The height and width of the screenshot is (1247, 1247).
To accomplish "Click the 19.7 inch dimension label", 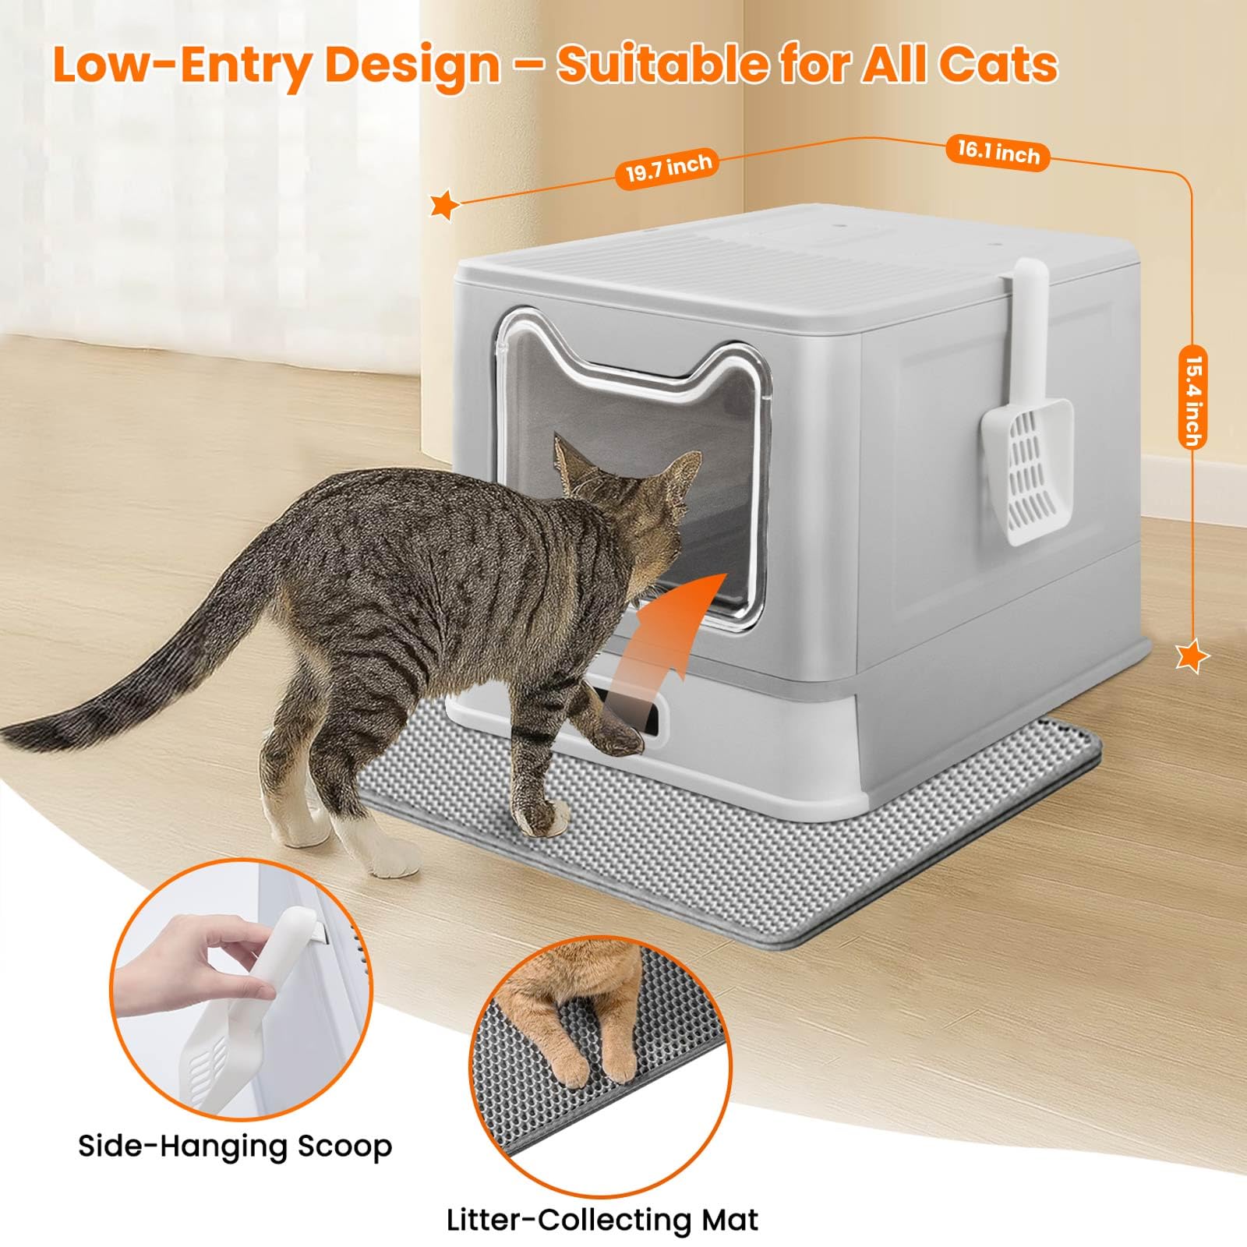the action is [669, 168].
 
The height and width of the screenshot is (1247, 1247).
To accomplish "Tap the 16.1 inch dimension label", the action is [998, 152].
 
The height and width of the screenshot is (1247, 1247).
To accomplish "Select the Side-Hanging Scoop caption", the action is [235, 1146].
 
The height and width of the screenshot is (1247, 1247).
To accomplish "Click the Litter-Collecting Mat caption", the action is [602, 1219].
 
